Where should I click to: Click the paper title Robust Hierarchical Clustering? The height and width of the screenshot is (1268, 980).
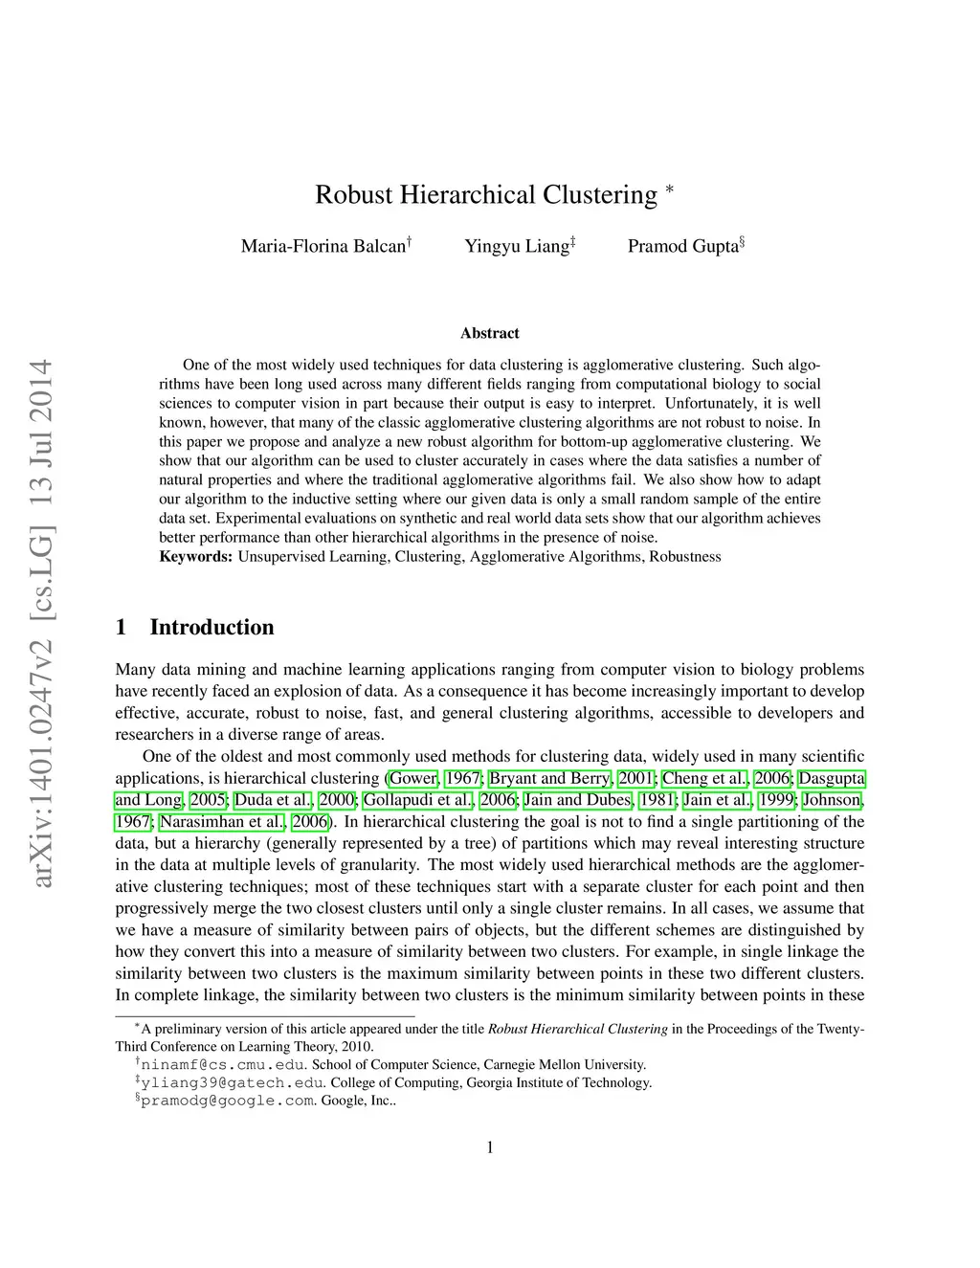(486, 194)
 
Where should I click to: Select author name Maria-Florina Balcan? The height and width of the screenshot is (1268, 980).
(323, 246)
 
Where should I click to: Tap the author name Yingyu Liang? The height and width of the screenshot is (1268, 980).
(517, 246)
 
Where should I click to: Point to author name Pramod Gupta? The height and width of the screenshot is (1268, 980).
(683, 246)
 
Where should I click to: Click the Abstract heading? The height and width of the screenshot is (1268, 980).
(490, 333)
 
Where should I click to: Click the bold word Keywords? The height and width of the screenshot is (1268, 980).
(195, 557)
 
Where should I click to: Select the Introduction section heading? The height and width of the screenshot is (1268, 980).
(212, 627)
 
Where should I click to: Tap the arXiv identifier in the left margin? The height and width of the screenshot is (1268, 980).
(41, 622)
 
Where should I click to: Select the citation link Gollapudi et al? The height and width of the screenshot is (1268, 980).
(418, 800)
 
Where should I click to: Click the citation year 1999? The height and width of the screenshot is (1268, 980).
(776, 800)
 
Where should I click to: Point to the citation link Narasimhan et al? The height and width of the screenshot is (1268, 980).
(222, 822)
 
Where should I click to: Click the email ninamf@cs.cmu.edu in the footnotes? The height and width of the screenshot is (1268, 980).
(224, 1064)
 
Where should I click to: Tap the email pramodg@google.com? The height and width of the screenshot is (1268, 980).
(228, 1101)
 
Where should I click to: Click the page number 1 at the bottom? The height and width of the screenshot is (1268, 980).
(490, 1147)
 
